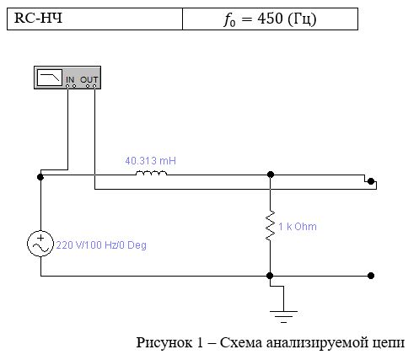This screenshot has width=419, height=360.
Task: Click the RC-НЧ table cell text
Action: click(38, 18)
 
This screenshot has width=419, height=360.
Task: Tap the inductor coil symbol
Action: click(151, 173)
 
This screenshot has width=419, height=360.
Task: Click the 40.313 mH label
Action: click(150, 161)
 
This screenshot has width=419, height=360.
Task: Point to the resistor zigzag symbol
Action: click(270, 226)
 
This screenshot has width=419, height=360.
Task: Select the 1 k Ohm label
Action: click(298, 227)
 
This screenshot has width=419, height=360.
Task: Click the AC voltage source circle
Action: click(40, 244)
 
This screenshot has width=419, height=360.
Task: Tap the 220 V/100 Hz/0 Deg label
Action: click(101, 245)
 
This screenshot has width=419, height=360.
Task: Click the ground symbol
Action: click(283, 317)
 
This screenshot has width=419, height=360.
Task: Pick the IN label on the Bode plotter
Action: click(70, 80)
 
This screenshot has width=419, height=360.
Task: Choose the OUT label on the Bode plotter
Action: click(89, 80)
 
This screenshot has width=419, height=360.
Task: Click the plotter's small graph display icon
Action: click(50, 78)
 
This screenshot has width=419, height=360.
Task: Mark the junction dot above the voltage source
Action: click(40, 177)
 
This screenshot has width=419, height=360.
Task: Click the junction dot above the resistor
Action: click(271, 175)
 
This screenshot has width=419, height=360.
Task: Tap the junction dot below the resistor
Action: click(270, 276)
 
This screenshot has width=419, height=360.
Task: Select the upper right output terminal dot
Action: click(371, 181)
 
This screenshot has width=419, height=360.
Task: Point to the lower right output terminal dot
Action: click(371, 276)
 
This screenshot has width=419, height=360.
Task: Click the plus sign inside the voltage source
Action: click(40, 238)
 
